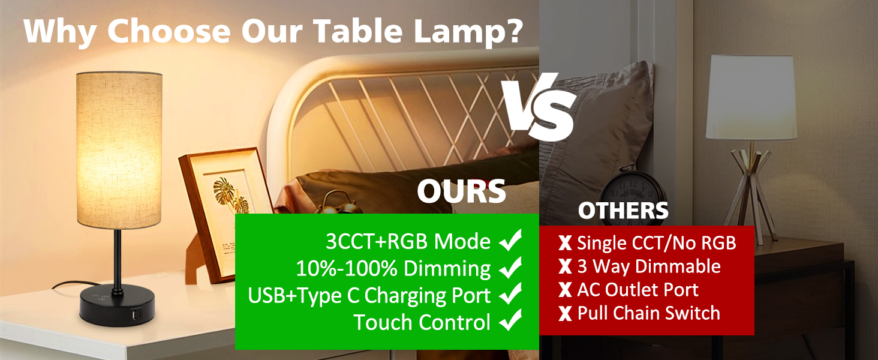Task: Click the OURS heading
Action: [x=461, y=191]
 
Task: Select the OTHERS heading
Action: [x=623, y=211]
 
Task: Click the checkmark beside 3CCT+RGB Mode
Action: [x=510, y=241]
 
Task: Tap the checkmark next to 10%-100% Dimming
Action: [x=510, y=268]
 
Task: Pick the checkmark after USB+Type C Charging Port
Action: [x=510, y=295]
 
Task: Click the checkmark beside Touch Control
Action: [x=510, y=322]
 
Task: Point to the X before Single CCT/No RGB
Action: [x=565, y=243]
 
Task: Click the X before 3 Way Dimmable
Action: [x=565, y=266]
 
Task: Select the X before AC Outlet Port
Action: [x=565, y=290]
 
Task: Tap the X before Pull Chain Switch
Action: [x=565, y=313]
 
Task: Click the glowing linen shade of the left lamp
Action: [x=119, y=150]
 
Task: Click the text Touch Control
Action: [x=422, y=322]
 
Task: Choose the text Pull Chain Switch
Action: [x=648, y=313]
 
